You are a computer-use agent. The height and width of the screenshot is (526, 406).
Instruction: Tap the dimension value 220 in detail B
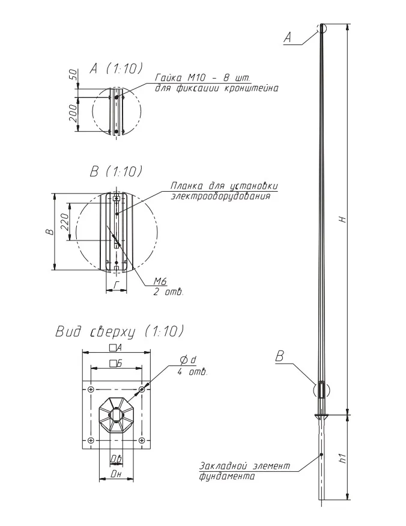click(65, 221)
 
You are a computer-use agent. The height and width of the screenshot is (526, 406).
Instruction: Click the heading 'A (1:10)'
click(116, 69)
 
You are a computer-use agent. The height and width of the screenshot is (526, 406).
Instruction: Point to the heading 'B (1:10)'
click(116, 171)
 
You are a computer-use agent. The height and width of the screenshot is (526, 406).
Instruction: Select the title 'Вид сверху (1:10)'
click(120, 331)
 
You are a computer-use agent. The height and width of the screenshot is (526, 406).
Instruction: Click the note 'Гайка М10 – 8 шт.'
click(202, 78)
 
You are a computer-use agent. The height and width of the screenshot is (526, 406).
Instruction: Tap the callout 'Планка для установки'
click(224, 186)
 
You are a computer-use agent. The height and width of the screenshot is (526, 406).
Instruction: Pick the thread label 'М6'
click(160, 281)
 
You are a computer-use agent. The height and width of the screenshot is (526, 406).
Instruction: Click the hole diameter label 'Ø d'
click(188, 361)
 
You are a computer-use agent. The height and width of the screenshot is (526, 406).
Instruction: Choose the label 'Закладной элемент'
click(244, 466)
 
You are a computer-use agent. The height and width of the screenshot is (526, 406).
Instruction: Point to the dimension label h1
click(342, 458)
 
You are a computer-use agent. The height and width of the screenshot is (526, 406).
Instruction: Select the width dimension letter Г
click(117, 286)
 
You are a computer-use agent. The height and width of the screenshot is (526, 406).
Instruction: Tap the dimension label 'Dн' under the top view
click(116, 474)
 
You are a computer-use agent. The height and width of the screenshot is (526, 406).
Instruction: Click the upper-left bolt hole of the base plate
click(91, 390)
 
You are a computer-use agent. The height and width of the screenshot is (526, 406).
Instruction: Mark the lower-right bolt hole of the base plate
click(142, 440)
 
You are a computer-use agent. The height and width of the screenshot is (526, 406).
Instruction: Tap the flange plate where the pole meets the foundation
click(322, 416)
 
